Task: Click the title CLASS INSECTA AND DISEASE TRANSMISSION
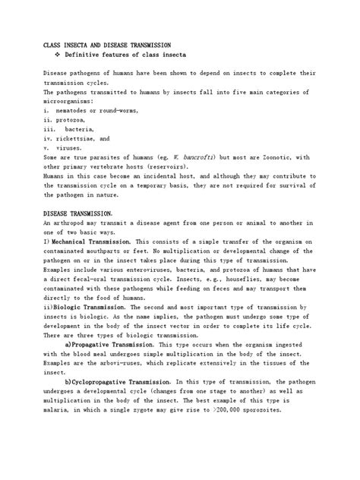pyautogui.click(x=107, y=46)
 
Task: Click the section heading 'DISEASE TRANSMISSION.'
pyautogui.click(x=79, y=213)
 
